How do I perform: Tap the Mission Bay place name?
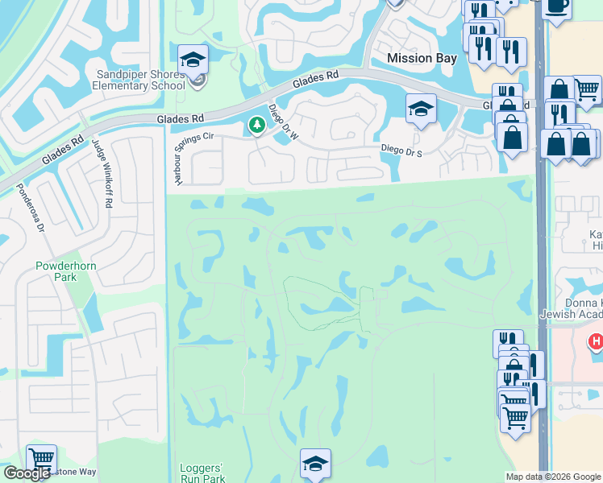click(x=422, y=58)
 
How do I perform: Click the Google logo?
click(x=27, y=473)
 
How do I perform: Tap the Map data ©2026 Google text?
click(x=552, y=477)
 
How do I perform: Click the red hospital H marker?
click(x=596, y=342)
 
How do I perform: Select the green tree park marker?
click(x=257, y=125)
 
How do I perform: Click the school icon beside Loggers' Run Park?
click(x=315, y=463)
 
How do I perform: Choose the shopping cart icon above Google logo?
click(x=41, y=459)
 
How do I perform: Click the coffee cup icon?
click(x=556, y=6)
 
